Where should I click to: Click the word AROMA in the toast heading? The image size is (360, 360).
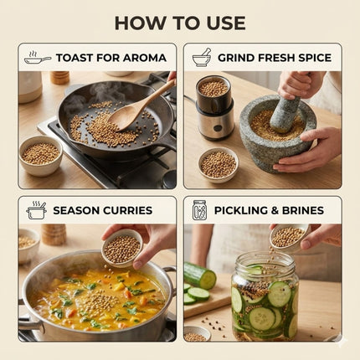point(145,58)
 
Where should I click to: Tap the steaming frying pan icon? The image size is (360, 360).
point(38,58)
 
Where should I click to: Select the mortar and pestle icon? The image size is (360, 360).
point(202,57)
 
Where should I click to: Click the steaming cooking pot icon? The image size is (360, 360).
point(37,210)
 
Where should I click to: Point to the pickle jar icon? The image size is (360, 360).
point(199,210)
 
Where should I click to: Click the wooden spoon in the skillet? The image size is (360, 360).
point(140,105)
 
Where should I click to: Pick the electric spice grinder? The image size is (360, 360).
point(214,107)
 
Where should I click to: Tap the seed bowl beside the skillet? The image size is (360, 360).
point(41,156)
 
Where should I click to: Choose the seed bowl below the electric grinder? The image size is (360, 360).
point(219,165)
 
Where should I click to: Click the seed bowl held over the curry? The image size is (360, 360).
point(122,248)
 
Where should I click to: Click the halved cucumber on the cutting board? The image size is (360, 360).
point(200,275)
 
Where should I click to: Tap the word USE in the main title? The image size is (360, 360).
point(226,23)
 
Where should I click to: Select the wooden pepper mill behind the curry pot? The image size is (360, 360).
point(54,234)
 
